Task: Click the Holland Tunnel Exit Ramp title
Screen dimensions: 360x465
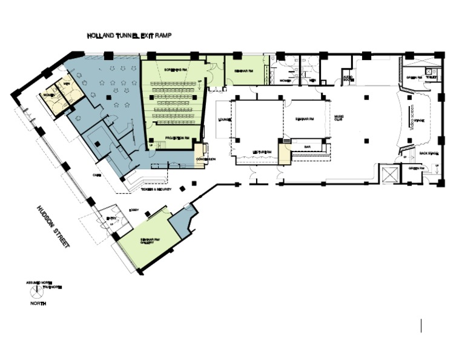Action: (130, 36)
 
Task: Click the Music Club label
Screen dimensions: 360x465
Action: (339, 119)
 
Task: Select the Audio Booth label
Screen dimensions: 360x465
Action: (348, 78)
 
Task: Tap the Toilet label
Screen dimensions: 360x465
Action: (432, 77)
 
